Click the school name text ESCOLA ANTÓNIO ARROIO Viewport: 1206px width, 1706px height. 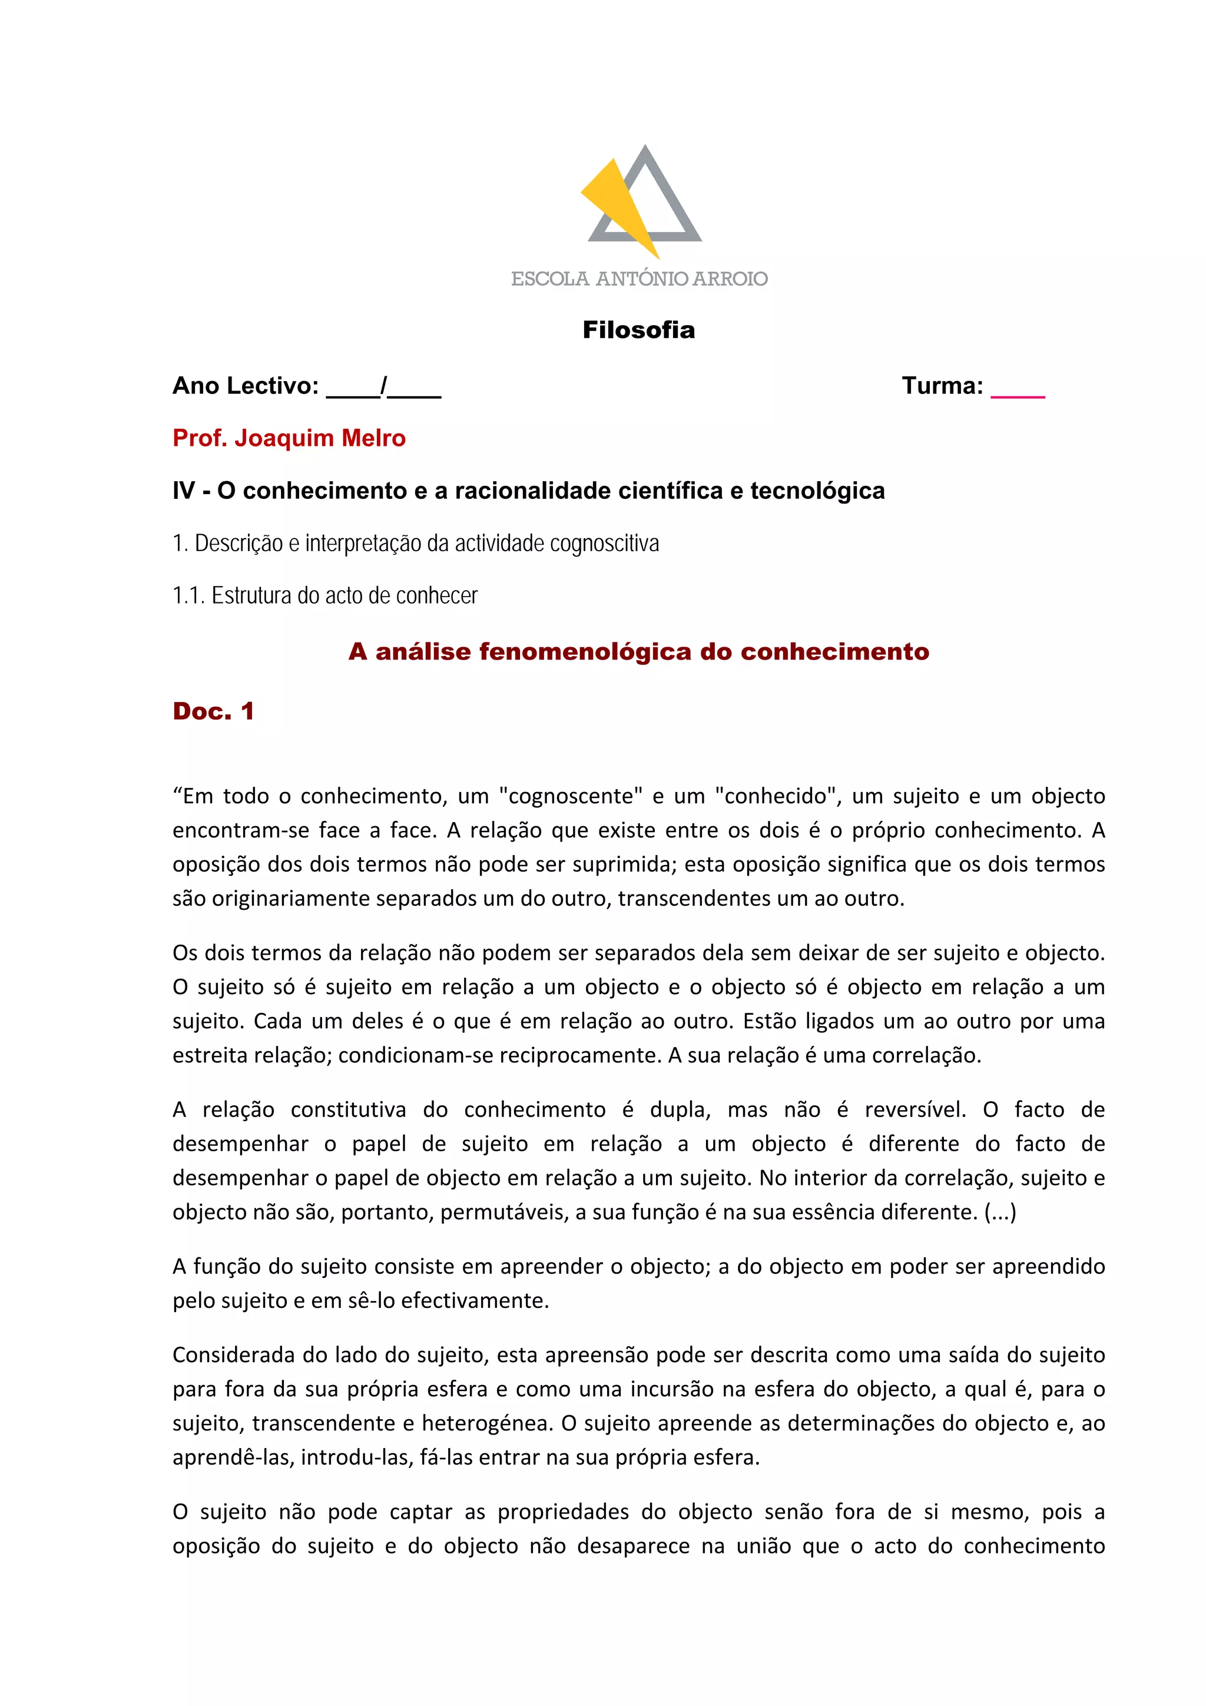(x=639, y=279)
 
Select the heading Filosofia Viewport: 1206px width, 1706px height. (x=638, y=330)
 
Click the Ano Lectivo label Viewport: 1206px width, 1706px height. (x=245, y=386)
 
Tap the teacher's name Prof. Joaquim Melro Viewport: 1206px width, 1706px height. (x=289, y=438)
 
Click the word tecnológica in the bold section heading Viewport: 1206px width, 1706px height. (x=817, y=491)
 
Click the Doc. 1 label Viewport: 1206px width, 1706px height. (x=213, y=711)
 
